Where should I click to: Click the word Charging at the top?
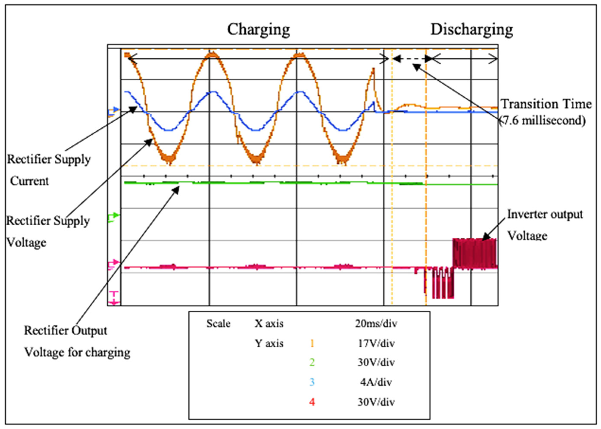(258, 30)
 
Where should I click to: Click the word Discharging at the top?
(472, 30)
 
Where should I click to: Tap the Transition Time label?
(546, 104)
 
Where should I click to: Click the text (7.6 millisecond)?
(543, 120)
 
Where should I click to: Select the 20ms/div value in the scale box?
(376, 324)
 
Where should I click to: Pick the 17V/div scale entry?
(376, 343)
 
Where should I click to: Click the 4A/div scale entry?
(376, 382)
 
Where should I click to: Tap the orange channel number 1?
(312, 343)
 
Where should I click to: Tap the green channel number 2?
(312, 362)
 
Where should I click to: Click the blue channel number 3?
(312, 382)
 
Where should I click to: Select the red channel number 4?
(312, 402)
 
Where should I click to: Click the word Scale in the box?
(218, 324)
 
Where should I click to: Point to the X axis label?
(269, 324)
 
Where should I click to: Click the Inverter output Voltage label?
(545, 225)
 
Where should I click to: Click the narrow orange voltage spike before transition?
(373, 79)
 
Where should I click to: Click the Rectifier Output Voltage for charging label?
(76, 341)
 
